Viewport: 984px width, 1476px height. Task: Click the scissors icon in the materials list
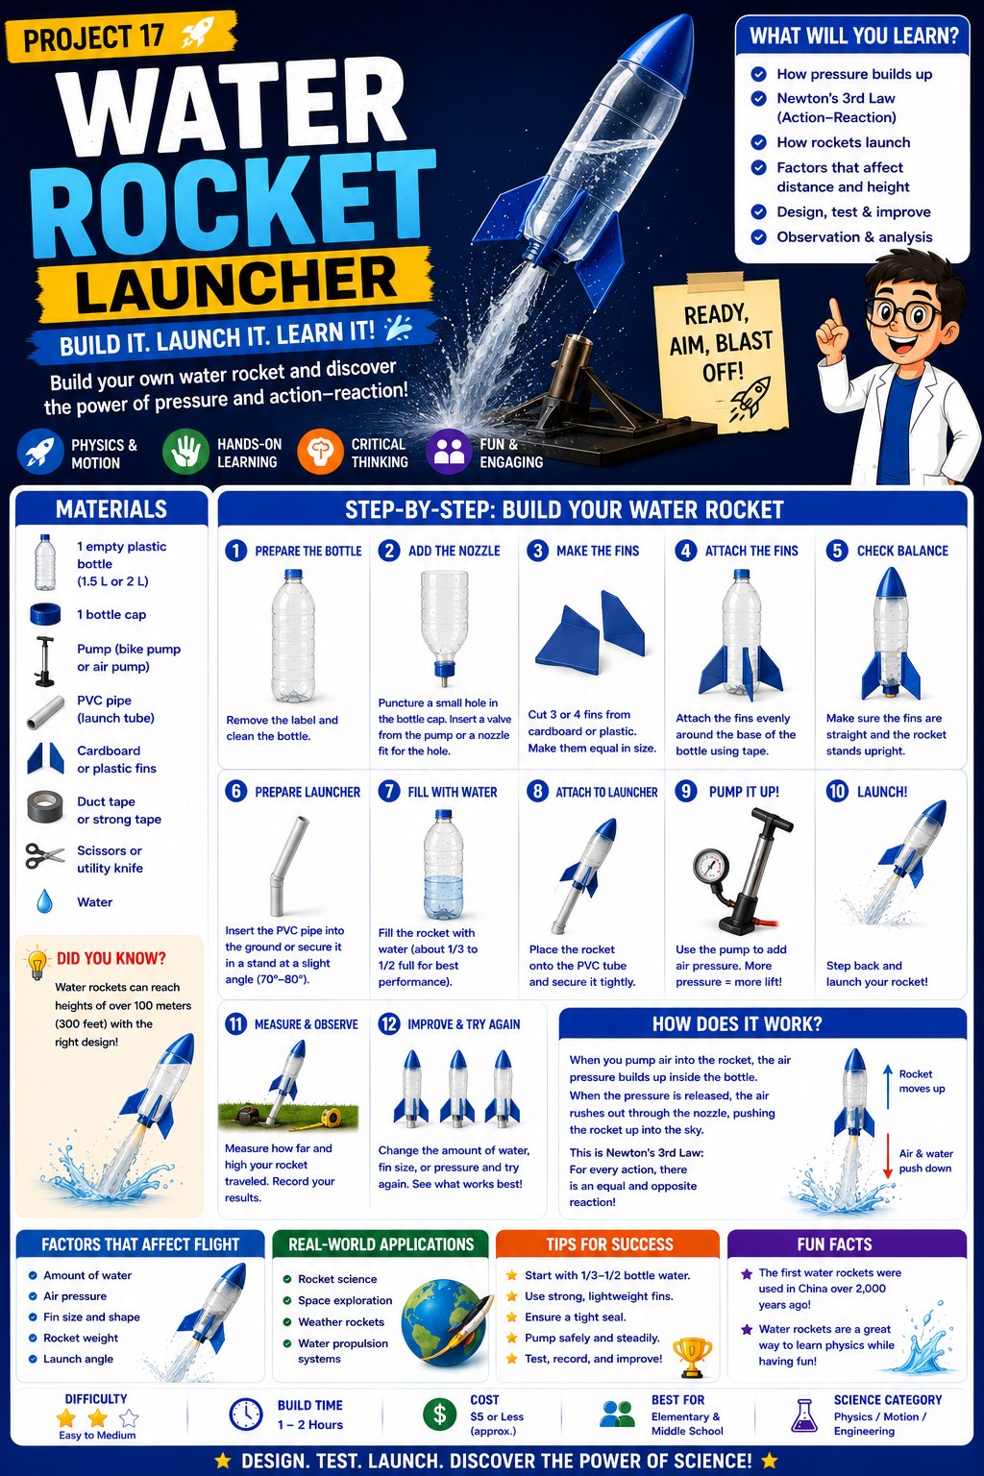coord(45,856)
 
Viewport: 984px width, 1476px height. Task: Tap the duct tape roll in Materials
coord(45,807)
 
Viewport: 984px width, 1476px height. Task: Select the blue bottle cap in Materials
coord(45,614)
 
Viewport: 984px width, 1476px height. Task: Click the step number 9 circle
coord(686,791)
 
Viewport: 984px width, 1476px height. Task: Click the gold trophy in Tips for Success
coord(692,1356)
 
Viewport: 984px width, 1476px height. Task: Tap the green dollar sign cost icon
coord(439,1414)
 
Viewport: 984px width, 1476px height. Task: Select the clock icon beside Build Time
coord(247,1414)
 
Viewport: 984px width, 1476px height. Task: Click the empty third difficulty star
coord(129,1417)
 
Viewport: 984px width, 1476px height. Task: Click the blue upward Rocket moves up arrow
coord(888,1088)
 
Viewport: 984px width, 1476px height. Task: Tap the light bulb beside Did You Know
coord(37,963)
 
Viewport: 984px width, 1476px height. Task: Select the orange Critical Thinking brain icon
coord(320,452)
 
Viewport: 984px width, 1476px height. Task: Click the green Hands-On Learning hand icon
coord(185,452)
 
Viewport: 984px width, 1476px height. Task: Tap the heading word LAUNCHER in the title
coord(236,284)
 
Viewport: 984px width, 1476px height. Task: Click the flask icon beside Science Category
coord(804,1415)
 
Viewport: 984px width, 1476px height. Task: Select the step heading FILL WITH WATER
coord(453,792)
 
